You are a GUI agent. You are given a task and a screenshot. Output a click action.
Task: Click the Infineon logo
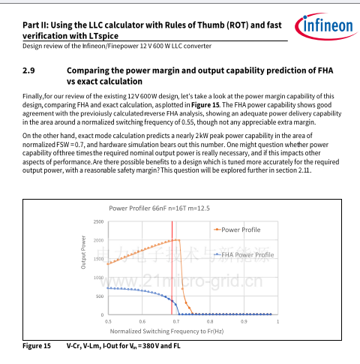tap(325, 26)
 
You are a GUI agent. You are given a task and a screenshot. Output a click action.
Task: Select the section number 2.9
tap(28, 71)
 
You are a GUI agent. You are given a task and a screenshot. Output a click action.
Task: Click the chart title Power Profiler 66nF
tap(159, 209)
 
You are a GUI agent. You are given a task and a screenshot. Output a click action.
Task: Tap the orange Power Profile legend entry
tap(237, 230)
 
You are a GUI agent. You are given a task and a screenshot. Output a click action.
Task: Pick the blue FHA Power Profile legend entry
tap(244, 255)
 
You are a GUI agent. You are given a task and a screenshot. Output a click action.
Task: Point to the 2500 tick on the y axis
tap(98, 221)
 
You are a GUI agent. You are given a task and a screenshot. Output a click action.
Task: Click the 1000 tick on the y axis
tap(98, 278)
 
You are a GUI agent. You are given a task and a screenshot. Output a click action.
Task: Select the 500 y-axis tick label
tap(100, 296)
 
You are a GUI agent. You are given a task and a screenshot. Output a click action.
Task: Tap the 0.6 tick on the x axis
tap(142, 321)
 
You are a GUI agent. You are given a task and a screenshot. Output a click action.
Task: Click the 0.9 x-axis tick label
tap(244, 321)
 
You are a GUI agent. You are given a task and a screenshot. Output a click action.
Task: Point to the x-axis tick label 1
tap(277, 321)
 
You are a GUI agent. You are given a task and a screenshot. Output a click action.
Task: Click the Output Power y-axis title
tap(83, 252)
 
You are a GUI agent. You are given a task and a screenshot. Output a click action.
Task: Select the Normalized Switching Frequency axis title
tap(166, 331)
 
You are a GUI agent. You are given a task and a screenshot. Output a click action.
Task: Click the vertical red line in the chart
tap(172, 268)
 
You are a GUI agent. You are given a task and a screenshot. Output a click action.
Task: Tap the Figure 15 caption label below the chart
tap(37, 346)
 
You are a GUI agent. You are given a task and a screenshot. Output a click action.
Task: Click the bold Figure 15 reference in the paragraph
tap(205, 105)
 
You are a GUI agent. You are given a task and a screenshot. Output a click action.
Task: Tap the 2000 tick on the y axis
tap(98, 240)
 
